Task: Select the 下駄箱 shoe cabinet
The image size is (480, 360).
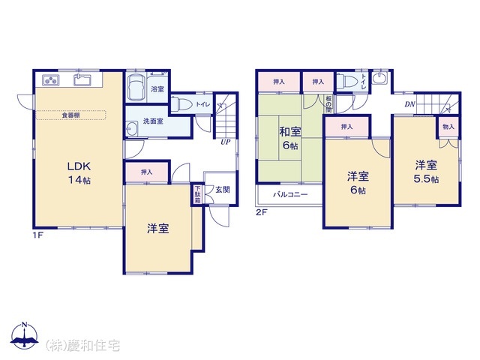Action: tap(196, 194)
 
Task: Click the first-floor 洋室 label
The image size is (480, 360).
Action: tap(157, 228)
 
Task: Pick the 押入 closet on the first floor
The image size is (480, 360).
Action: tap(147, 172)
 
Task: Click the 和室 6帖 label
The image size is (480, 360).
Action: tap(290, 139)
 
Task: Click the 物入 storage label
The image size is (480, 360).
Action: tap(448, 127)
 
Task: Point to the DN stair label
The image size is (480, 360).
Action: tap(410, 104)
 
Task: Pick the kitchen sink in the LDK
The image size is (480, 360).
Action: tap(82, 79)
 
